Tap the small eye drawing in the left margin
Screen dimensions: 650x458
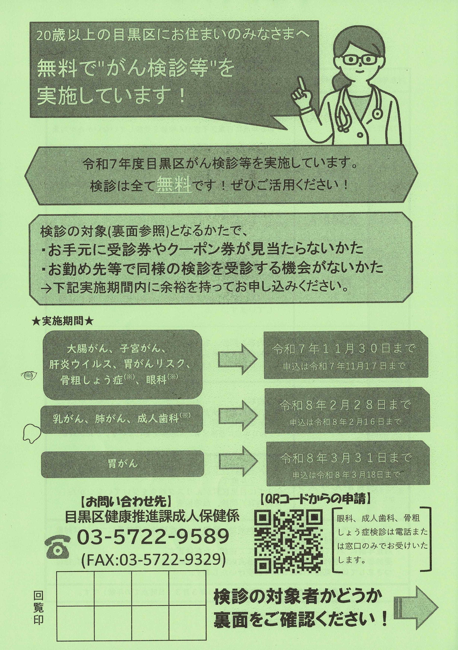[29, 375]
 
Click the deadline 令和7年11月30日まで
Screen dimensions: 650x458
[343, 349]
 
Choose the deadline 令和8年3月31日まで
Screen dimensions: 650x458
[346, 458]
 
